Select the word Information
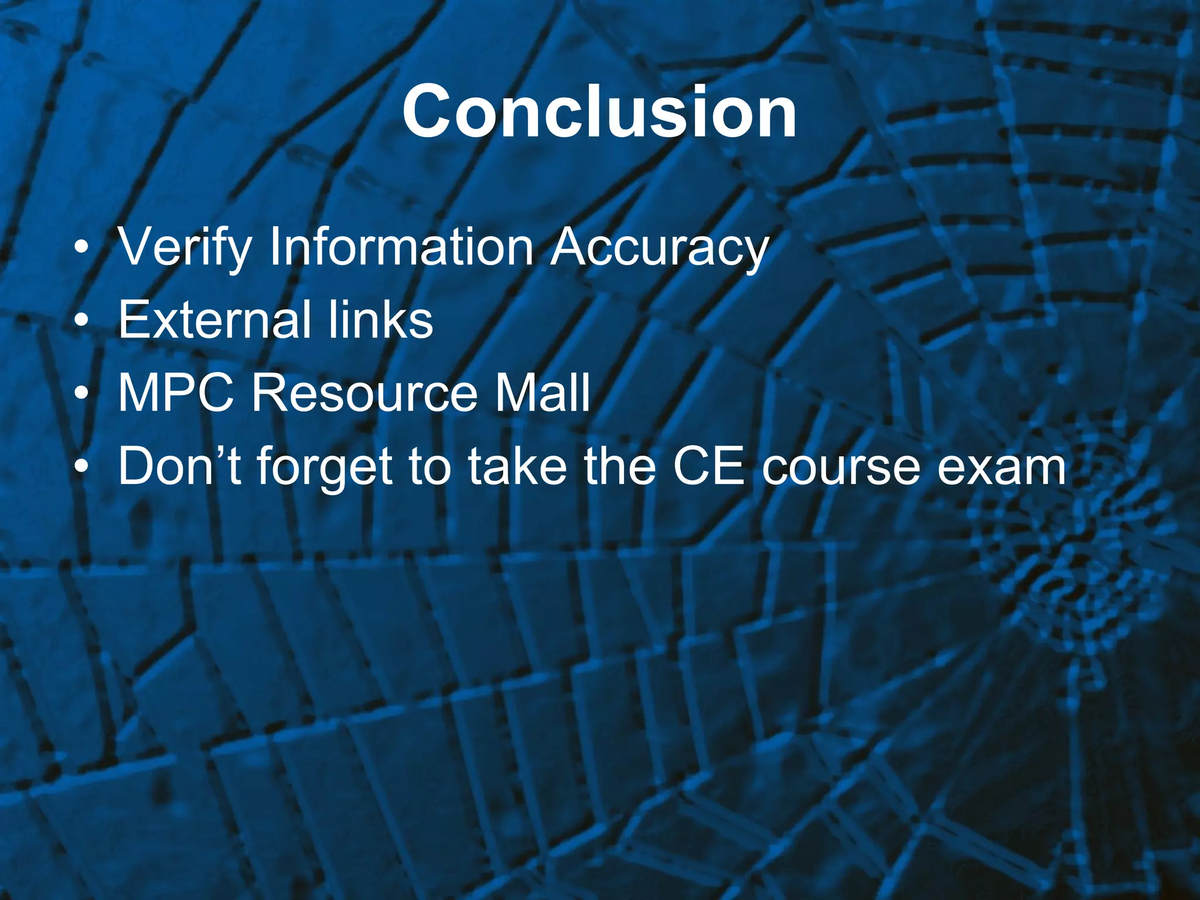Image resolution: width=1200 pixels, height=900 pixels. [x=401, y=246]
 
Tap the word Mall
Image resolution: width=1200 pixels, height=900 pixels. [x=541, y=393]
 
